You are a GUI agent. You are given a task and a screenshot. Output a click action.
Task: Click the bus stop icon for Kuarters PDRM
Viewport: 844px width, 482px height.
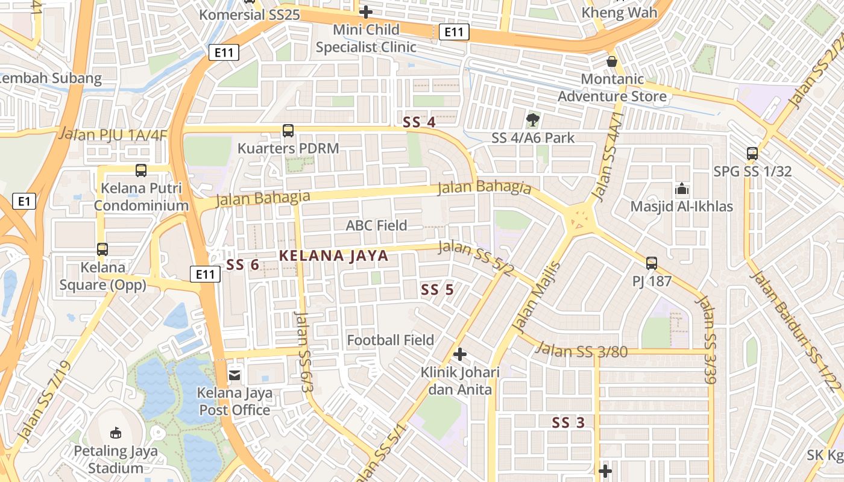[288, 130]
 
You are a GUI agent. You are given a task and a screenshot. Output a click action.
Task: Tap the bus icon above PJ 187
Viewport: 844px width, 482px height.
[652, 263]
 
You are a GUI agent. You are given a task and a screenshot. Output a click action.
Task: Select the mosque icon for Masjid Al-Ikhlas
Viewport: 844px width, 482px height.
[682, 189]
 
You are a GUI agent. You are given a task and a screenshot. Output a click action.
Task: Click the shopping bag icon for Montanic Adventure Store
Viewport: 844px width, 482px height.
[612, 61]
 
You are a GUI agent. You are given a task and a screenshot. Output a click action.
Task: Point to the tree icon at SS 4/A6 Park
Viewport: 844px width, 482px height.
[533, 119]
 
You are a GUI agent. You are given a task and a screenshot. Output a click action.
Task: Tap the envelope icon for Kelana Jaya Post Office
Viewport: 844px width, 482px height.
[234, 375]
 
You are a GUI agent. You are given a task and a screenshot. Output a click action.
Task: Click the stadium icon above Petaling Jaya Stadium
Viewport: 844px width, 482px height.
[116, 432]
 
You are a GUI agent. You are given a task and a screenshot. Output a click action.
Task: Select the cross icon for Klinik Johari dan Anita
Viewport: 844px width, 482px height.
[460, 354]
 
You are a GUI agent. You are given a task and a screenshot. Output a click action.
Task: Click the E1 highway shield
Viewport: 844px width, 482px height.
[24, 201]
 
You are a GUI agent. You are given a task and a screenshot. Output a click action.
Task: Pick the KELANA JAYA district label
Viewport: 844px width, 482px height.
[334, 255]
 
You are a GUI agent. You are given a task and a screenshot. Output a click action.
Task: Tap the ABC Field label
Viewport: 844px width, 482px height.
[376, 225]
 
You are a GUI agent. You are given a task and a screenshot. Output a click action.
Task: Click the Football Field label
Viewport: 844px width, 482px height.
[390, 340]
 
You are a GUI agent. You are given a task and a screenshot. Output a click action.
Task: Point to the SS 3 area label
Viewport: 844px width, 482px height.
[568, 423]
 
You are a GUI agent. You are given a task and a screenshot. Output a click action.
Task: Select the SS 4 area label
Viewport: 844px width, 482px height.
[419, 122]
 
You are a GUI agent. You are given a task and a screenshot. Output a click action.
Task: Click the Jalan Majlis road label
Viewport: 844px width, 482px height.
[536, 296]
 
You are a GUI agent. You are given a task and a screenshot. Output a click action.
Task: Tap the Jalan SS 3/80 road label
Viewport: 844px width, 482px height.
[581, 350]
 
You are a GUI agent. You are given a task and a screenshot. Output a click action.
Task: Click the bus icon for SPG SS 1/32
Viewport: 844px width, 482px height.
[752, 153]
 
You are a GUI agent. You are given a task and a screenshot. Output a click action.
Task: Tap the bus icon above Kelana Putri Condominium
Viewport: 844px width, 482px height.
[140, 170]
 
